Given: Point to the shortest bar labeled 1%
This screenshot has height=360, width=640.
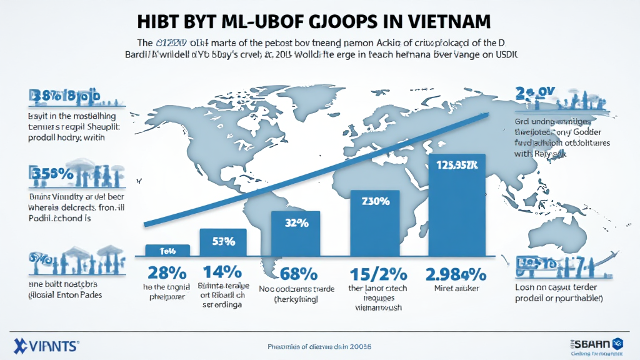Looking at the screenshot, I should click(x=167, y=250).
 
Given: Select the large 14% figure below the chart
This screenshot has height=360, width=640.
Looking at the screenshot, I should click(x=222, y=272).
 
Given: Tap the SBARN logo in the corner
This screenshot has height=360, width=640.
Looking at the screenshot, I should click(x=594, y=342).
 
